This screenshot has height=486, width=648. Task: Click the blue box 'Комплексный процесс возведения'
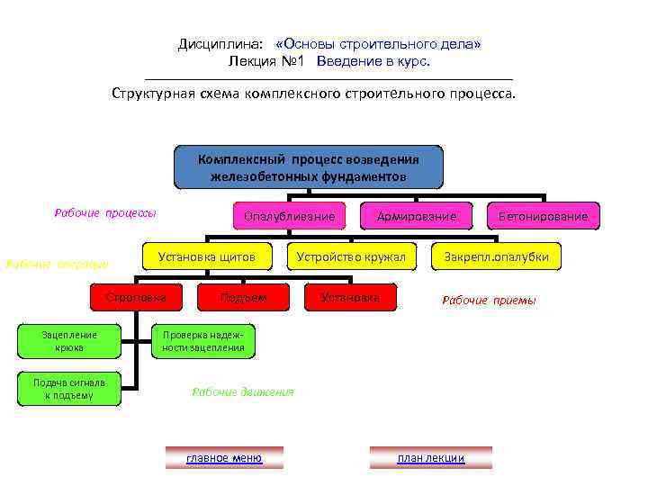pos(309,166)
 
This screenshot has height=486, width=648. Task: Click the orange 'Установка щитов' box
pos(207,257)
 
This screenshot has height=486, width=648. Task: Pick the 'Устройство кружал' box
pos(352,257)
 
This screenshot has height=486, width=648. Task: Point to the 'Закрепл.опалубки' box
pos(496,257)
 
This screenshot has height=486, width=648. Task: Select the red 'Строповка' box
pos(135,297)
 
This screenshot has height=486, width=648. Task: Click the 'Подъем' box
pos(243,297)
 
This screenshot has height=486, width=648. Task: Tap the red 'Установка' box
pos(351,297)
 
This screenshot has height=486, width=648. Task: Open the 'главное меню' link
pos(224,458)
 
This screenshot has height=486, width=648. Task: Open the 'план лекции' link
pos(431,458)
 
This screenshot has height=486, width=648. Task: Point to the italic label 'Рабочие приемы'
pos(489,301)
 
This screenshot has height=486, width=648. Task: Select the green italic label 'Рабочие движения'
pos(243,391)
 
